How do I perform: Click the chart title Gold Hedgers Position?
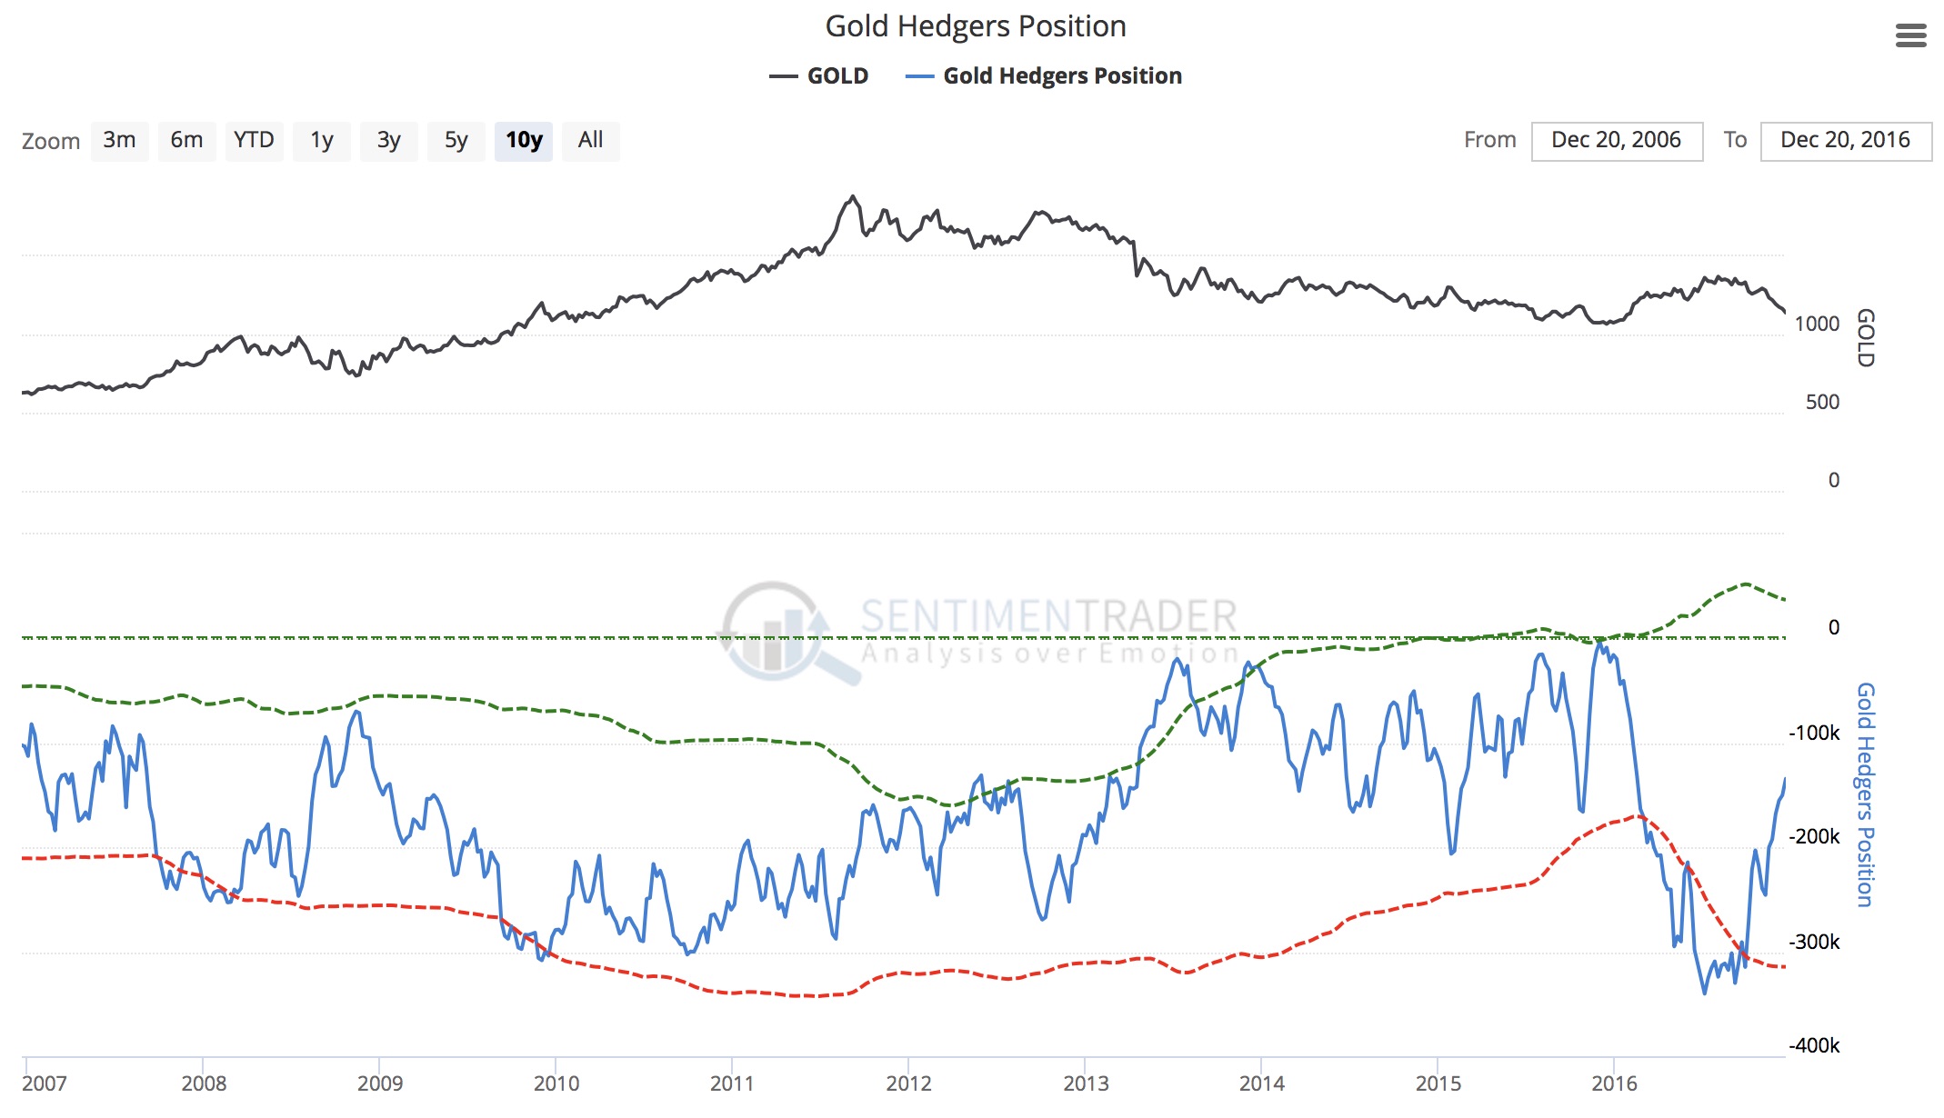(x=975, y=26)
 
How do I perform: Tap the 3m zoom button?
(x=119, y=140)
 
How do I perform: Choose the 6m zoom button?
(x=186, y=140)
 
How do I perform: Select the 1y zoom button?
(x=321, y=140)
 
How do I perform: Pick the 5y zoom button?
(x=456, y=140)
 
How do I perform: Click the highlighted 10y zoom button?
(x=524, y=140)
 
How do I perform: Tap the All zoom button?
(x=590, y=140)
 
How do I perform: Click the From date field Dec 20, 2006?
(x=1616, y=140)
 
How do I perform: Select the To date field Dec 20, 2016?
(x=1845, y=140)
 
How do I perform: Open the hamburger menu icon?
(x=1910, y=35)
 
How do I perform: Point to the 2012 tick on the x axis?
(x=908, y=1083)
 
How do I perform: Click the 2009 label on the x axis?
(x=379, y=1083)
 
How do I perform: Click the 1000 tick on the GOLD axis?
(x=1817, y=324)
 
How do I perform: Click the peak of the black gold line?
(x=852, y=195)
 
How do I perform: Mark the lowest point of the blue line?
(x=1704, y=993)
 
